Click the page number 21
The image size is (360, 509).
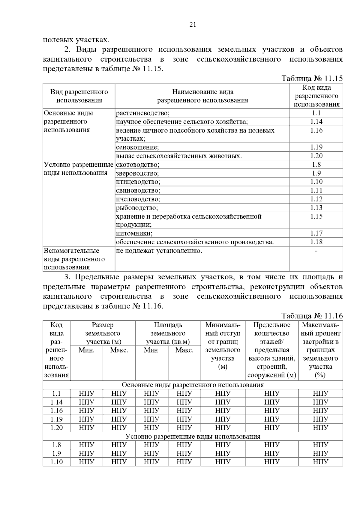193,25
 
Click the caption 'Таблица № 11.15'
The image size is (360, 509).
312,79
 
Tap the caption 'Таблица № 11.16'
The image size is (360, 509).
312,316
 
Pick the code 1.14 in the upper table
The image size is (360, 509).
316,122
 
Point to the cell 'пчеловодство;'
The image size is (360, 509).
138,199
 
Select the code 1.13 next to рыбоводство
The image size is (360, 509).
316,208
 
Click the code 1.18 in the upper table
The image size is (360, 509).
316,242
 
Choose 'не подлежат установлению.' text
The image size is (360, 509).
159,251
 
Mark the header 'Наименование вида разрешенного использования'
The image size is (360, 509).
202,96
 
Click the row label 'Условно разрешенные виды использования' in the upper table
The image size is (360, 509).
79,169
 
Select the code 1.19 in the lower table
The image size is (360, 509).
56,419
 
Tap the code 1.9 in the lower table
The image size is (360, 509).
56,453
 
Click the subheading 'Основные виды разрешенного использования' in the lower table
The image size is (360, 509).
193,385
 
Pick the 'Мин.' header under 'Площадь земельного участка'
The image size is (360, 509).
151,350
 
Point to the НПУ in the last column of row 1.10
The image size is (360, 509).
320,462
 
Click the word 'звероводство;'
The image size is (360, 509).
137,173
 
